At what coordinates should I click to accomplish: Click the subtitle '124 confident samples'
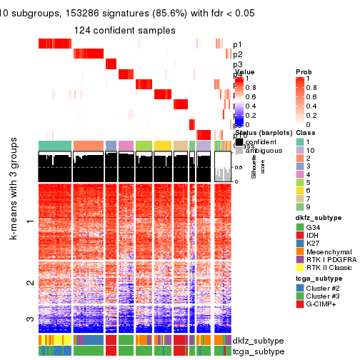click(125, 30)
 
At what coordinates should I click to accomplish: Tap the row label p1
click(237, 44)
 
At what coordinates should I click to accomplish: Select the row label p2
click(237, 54)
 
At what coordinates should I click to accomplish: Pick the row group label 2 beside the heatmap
click(29, 284)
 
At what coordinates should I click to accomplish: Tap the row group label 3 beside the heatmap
click(29, 319)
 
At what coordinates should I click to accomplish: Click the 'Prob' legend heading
click(304, 72)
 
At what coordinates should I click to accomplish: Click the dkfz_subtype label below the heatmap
click(259, 341)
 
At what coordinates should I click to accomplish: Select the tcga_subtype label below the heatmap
click(259, 351)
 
